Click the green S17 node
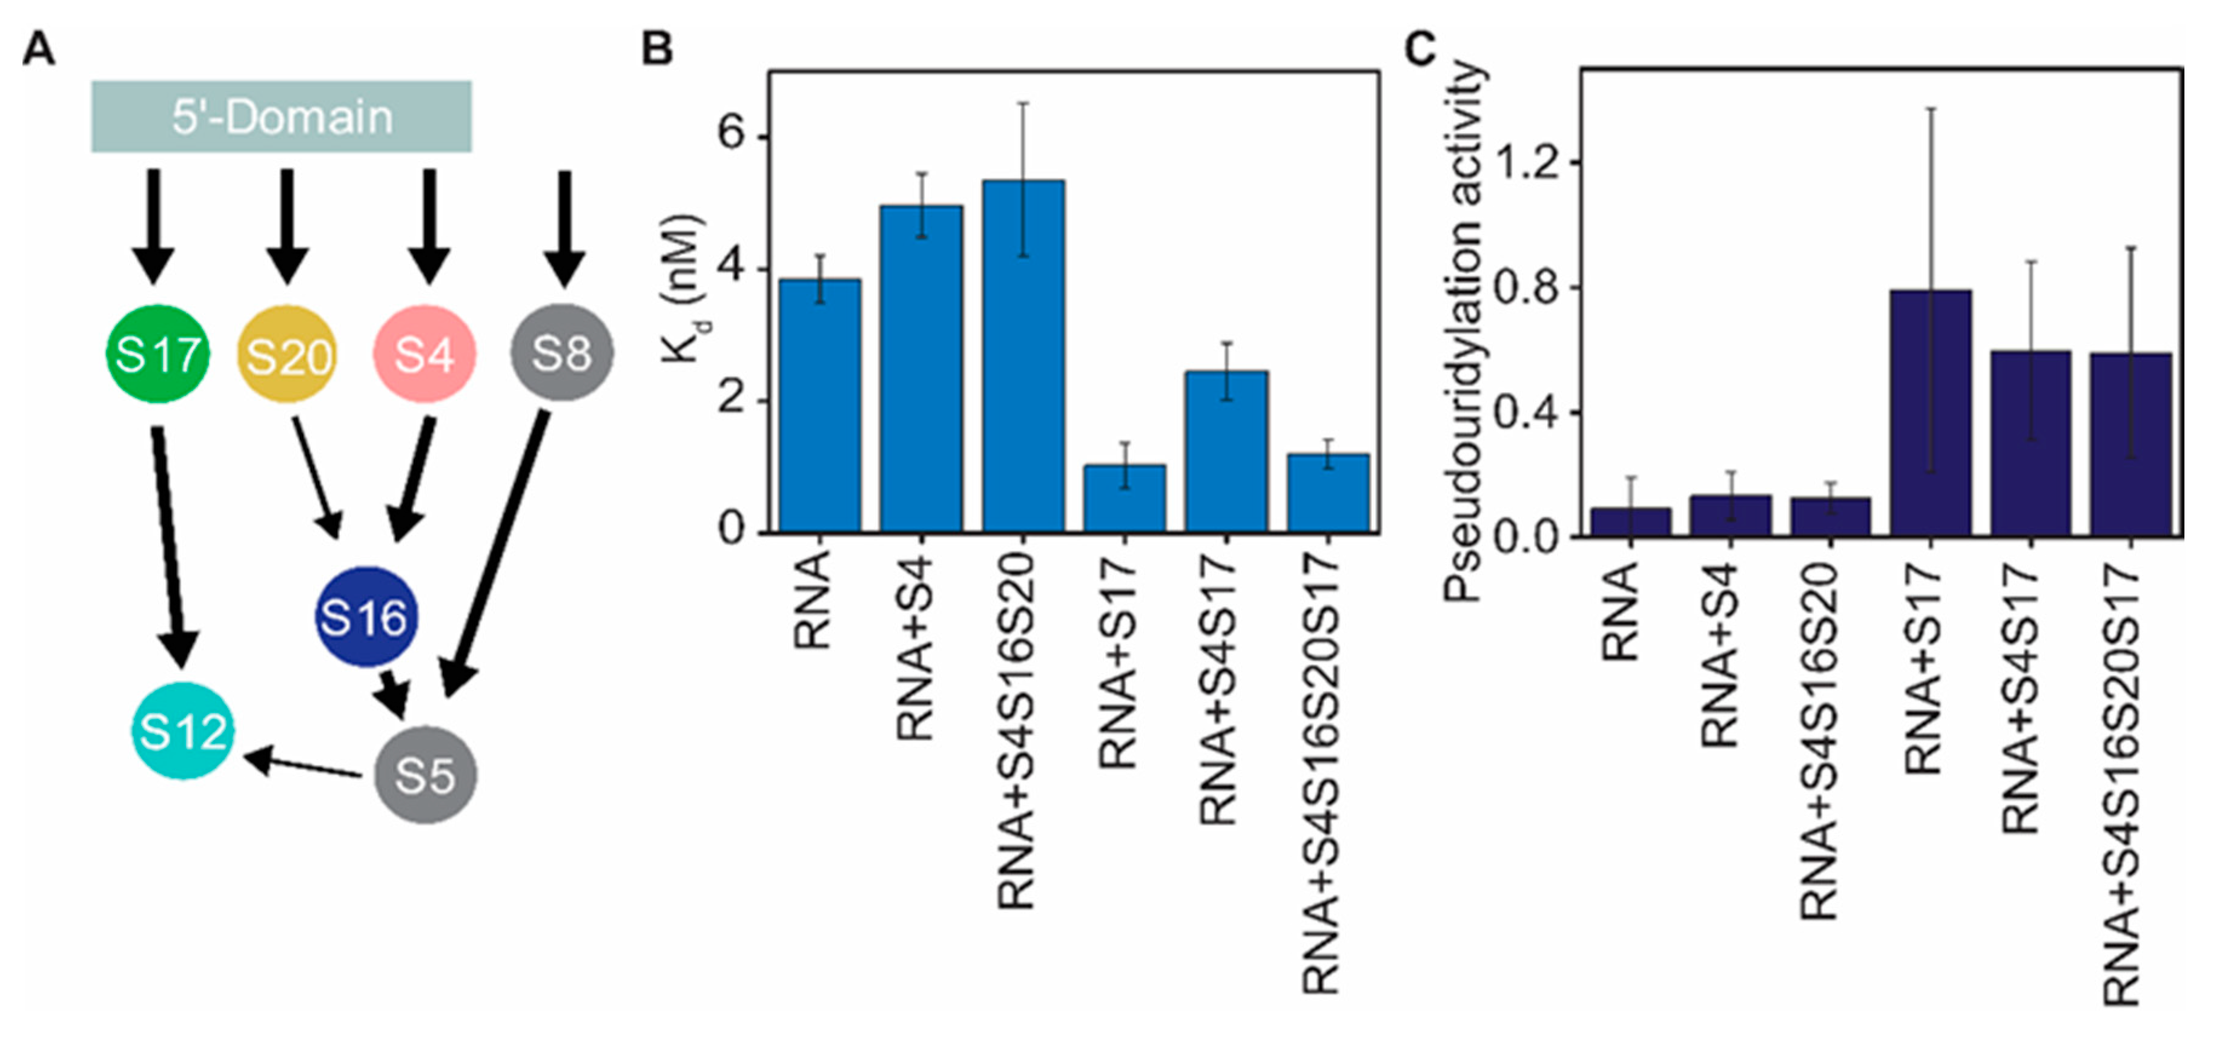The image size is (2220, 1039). click(x=157, y=354)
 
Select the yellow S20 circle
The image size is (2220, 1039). click(x=288, y=354)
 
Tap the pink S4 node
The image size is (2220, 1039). click(x=423, y=354)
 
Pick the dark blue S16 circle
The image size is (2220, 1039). click(x=365, y=617)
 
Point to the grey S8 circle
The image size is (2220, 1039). click(x=562, y=352)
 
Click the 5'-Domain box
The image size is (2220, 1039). click(x=282, y=116)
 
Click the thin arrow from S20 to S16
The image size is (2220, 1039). click(x=317, y=476)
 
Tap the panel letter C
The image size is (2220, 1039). click(x=1420, y=48)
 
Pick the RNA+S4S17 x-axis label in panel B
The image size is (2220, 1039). click(x=1218, y=689)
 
